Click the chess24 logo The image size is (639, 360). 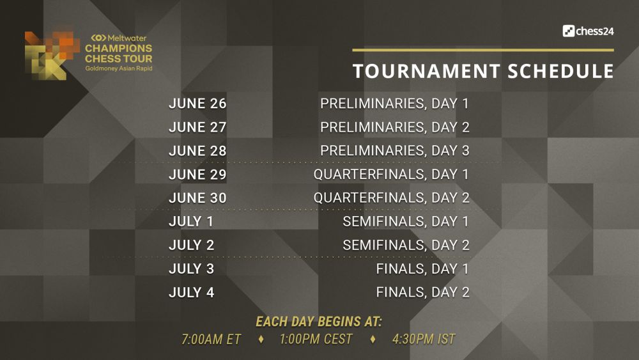(x=588, y=31)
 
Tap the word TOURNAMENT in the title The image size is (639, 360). (x=426, y=71)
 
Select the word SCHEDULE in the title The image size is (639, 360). (x=561, y=71)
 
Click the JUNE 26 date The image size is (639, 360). (x=197, y=104)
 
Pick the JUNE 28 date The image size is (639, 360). (x=197, y=151)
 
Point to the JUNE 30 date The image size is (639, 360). (x=197, y=198)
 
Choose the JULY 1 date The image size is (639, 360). (x=191, y=221)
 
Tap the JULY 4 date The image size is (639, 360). (x=192, y=292)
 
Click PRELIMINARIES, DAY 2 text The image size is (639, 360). (x=394, y=128)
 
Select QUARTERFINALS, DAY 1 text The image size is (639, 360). (x=391, y=175)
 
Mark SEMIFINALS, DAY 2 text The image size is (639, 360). (x=406, y=245)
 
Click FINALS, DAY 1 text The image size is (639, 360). (x=422, y=269)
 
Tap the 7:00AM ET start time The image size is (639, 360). (x=211, y=339)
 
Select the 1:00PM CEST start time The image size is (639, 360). (x=316, y=339)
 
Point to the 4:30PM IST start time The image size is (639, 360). (x=424, y=339)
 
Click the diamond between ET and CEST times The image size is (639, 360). (x=261, y=339)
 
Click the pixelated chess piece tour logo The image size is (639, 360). (x=52, y=55)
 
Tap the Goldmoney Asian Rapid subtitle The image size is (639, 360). (x=119, y=68)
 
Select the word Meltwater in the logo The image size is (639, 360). (x=127, y=38)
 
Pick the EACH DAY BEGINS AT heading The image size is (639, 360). (x=319, y=322)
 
